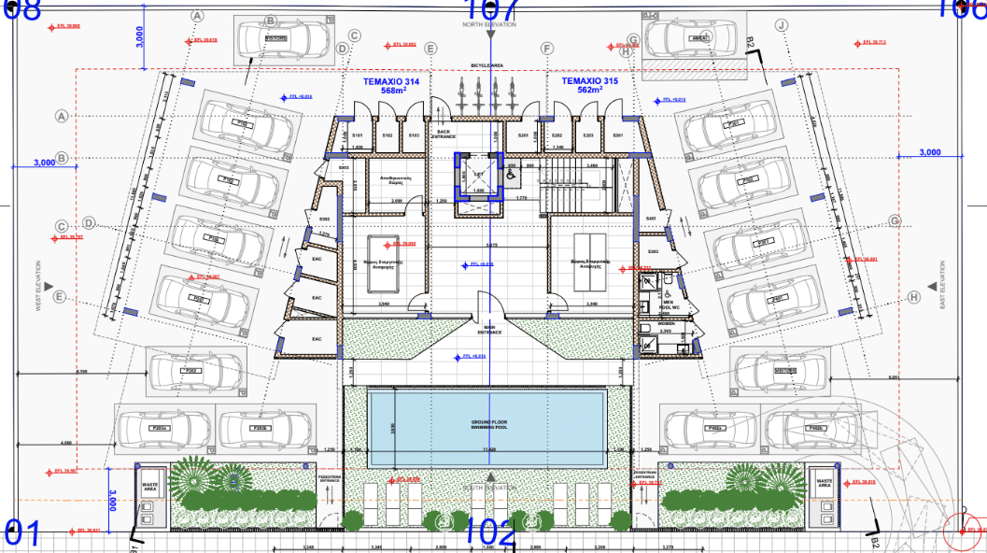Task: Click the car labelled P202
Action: click(x=190, y=371)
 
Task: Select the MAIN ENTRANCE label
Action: click(x=489, y=328)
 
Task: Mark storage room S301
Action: click(x=617, y=135)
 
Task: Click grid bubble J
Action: click(x=783, y=25)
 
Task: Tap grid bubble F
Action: click(x=547, y=49)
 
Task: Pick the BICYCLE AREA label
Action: click(x=486, y=64)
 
